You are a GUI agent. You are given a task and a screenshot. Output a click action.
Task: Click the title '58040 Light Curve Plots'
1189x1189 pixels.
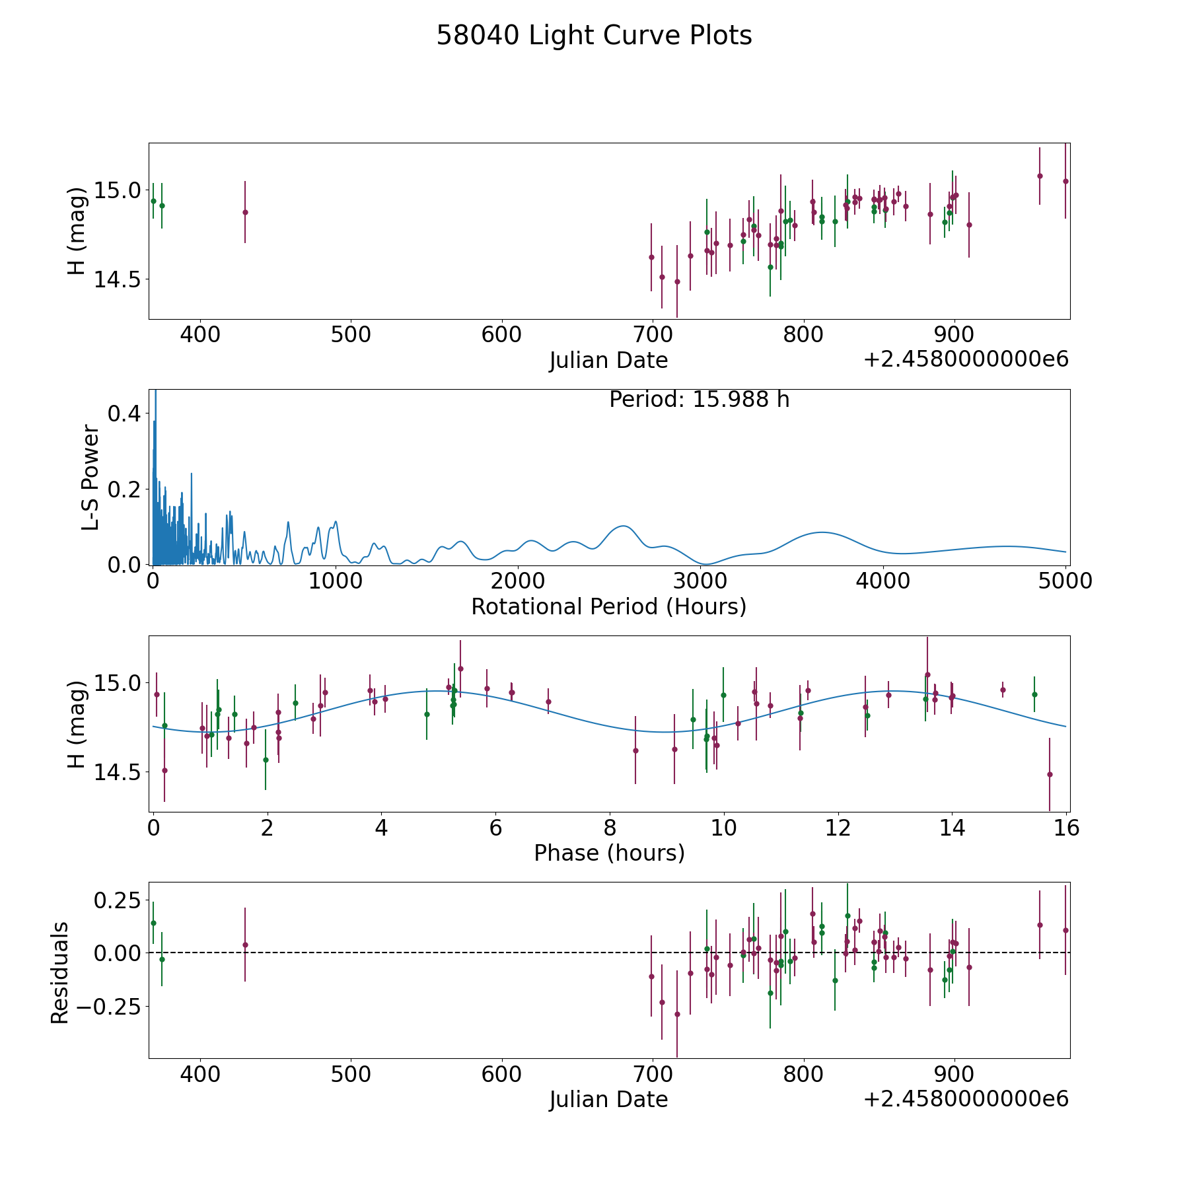tap(594, 36)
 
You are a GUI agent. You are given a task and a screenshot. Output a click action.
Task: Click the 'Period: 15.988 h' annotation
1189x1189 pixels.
tap(699, 400)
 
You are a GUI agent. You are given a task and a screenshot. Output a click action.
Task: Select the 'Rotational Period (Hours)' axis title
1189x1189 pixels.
tap(608, 606)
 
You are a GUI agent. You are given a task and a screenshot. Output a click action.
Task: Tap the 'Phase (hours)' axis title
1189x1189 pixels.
tap(609, 853)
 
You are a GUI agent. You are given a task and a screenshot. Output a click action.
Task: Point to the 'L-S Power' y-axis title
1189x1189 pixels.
tap(90, 477)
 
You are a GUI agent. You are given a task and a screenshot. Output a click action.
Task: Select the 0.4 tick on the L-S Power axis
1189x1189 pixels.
tap(124, 414)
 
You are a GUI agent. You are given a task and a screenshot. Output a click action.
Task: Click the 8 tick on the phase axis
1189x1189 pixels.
tap(610, 828)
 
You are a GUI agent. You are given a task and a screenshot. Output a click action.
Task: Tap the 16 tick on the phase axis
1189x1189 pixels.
tap(1066, 828)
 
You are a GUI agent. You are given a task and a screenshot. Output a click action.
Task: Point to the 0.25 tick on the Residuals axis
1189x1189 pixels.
tap(118, 900)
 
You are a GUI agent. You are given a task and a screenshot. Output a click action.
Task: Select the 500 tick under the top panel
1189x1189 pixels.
tap(351, 334)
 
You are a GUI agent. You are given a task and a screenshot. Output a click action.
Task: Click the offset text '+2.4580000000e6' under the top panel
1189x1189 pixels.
tap(966, 360)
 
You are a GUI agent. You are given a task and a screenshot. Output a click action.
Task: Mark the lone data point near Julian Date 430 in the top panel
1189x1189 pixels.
tap(245, 212)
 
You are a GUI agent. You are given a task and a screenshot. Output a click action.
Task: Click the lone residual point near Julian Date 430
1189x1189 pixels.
tap(245, 945)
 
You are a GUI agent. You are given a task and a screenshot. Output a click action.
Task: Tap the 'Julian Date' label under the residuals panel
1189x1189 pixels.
tap(608, 1099)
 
